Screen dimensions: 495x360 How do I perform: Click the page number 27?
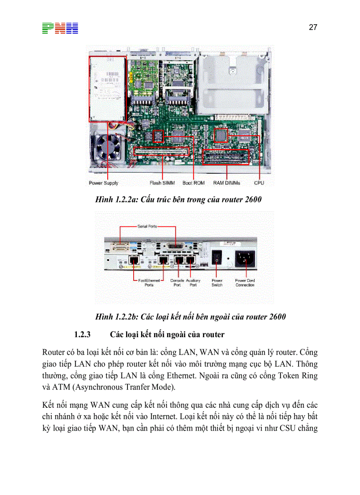[x=313, y=27]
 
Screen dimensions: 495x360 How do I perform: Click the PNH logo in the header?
[x=60, y=28]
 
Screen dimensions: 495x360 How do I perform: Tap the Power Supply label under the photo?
[x=104, y=183]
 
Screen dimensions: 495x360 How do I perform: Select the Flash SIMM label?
[x=161, y=183]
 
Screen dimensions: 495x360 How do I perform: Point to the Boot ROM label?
[x=193, y=183]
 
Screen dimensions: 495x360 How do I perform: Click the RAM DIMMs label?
[x=227, y=183]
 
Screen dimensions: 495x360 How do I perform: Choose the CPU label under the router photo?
[x=259, y=183]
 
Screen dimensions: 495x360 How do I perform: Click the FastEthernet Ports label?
[x=146, y=283]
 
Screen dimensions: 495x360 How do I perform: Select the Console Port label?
[x=177, y=283]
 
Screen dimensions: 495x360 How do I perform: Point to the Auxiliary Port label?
[x=193, y=283]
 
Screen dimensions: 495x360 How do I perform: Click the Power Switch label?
[x=217, y=283]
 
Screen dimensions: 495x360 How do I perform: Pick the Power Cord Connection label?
[x=245, y=283]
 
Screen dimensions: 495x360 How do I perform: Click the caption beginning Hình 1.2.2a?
[x=178, y=200]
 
